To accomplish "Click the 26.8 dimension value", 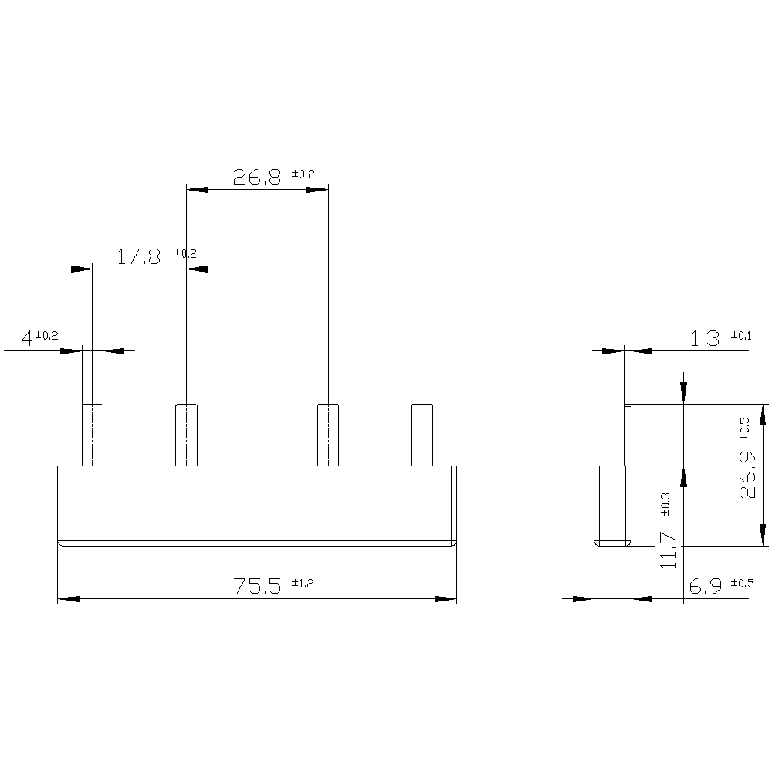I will [258, 178].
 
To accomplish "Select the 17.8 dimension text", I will [140, 257].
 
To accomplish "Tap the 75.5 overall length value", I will [259, 587].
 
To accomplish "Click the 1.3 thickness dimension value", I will [704, 338].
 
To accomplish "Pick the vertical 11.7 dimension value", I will [670, 550].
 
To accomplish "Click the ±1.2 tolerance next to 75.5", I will [303, 584].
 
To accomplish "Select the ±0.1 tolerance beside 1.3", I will [741, 335].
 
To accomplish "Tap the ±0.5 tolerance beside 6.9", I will [741, 584].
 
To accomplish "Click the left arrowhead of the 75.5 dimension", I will [68, 598].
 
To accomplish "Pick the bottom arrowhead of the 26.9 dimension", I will [763, 534].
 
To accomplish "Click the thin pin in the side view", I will [628, 435].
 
